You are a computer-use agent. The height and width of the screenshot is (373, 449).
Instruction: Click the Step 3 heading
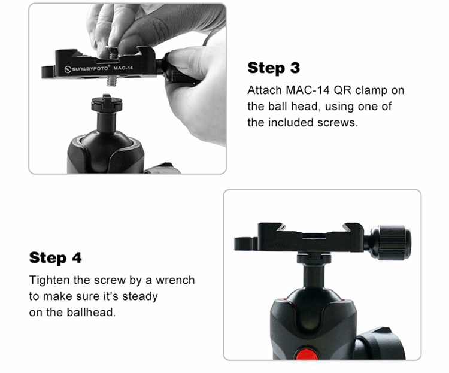274,68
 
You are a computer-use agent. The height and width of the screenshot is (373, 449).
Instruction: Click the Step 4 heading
56,257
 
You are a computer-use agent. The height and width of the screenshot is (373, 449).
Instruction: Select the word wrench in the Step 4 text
175,280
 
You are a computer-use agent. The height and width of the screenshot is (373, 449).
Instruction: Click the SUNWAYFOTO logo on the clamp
86,69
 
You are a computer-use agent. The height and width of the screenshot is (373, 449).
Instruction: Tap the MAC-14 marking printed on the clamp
123,68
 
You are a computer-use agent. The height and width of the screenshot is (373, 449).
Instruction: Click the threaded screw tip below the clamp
113,81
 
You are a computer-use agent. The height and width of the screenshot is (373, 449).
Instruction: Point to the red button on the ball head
307,354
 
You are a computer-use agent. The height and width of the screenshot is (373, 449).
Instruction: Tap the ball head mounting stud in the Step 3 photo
107,104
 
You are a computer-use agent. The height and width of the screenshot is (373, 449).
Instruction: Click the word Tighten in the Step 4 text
49,280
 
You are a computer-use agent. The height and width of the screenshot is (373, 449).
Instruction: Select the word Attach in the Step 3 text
265,90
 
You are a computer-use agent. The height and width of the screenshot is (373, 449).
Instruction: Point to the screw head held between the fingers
113,50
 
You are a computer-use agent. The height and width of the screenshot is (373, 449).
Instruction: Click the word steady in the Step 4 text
139,296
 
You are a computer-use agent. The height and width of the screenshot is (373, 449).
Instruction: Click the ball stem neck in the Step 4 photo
314,274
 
